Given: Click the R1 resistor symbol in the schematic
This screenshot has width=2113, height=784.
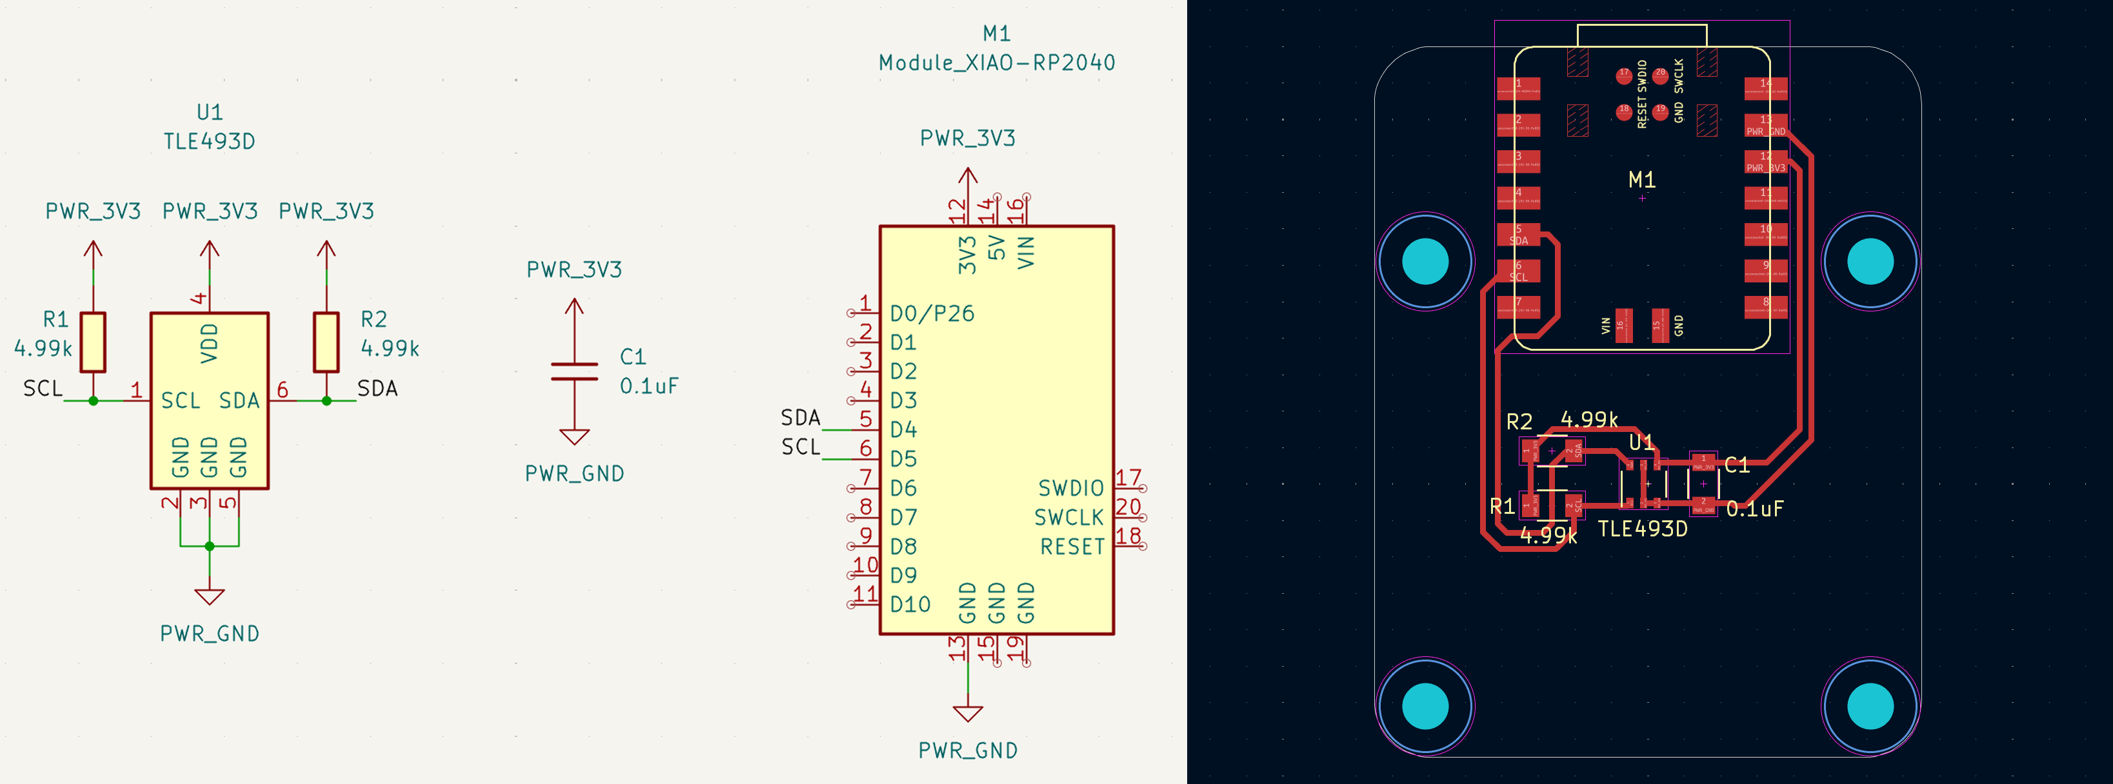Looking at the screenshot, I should click(93, 342).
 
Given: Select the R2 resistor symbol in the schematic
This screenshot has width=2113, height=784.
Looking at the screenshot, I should click(326, 342).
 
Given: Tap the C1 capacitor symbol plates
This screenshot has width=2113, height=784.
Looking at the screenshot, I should click(574, 371).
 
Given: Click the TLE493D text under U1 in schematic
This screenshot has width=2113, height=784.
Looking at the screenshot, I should click(209, 142).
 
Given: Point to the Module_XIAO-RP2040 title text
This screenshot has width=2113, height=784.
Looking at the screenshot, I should click(997, 63).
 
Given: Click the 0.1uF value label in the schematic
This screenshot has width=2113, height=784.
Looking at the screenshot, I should click(649, 386).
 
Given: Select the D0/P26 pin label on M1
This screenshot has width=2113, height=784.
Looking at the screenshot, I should click(932, 313).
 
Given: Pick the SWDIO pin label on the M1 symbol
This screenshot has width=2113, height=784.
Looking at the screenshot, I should click(1070, 489).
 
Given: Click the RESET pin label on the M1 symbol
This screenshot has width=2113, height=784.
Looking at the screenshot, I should click(1072, 547).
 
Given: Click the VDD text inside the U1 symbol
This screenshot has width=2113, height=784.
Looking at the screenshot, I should click(210, 343).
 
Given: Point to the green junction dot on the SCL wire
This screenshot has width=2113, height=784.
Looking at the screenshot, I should click(94, 401).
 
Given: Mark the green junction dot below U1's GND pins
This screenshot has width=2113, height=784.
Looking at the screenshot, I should click(210, 546).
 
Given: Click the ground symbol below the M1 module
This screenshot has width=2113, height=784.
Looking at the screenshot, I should click(968, 714).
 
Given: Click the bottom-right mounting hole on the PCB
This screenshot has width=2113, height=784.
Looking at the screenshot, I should click(1870, 706).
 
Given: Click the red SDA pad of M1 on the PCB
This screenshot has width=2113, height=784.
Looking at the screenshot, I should click(1518, 235).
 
